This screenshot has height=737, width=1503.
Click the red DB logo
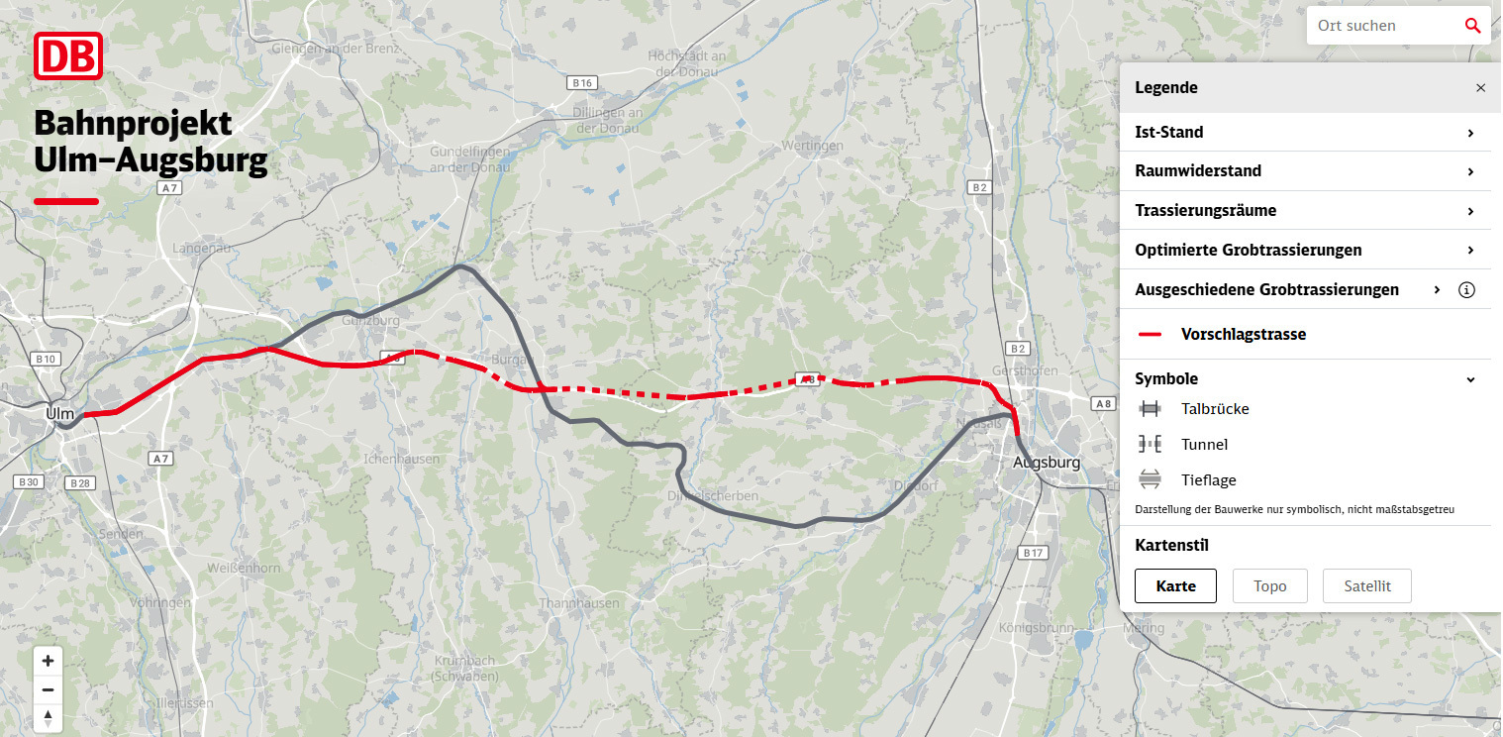pos(68,55)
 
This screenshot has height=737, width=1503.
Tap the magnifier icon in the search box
pos(1472,26)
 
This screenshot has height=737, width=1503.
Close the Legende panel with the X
pos(1480,88)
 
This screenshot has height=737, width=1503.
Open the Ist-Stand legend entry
pos(1304,133)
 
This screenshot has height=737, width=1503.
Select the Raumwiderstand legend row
pos(1304,171)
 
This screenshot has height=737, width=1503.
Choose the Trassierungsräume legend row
pos(1304,211)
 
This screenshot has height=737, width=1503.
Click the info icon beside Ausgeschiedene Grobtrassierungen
pos(1467,290)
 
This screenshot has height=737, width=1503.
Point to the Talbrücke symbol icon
pos(1150,409)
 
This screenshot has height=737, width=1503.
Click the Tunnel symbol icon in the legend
pos(1150,445)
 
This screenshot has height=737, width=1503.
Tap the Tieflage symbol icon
pos(1150,480)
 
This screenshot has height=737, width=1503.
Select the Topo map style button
pos(1269,586)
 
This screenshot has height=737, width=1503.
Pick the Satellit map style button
pos(1366,586)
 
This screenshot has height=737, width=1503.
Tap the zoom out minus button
pos(48,690)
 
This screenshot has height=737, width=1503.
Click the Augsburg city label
pos(1047,463)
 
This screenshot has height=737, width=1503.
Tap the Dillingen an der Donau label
pos(608,120)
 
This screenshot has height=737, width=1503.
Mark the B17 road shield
pos(1033,553)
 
